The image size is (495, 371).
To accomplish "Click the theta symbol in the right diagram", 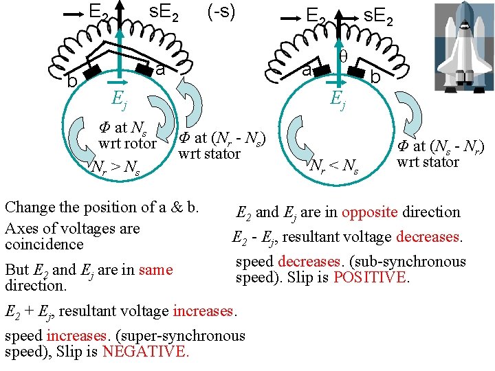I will click(342, 57).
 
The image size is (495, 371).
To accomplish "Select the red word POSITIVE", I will click(371, 278).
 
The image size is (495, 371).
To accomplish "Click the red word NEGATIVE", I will click(145, 352).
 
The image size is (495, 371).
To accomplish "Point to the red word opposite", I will click(370, 212).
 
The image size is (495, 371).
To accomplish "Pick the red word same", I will click(155, 270).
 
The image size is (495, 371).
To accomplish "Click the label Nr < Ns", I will click(334, 166).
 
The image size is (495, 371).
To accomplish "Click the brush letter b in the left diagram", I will click(71, 82).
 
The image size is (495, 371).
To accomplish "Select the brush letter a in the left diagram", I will click(159, 70).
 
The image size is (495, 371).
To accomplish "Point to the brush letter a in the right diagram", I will click(309, 70).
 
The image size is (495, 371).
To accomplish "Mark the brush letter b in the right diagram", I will click(375, 78).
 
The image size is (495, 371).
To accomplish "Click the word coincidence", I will click(44, 245).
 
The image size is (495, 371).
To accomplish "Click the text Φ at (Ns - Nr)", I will click(439, 146).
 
